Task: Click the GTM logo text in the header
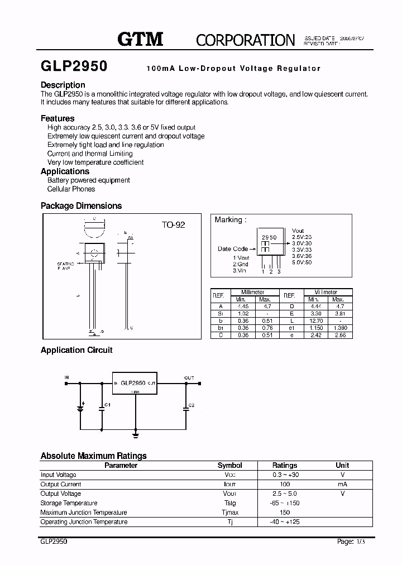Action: [x=140, y=39]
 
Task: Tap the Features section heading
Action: [x=58, y=118]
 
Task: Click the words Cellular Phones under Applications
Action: [x=71, y=189]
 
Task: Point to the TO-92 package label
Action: [x=173, y=224]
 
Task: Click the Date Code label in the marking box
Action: [x=233, y=249]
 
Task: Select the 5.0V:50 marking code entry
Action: [x=301, y=262]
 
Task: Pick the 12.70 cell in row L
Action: [x=316, y=321]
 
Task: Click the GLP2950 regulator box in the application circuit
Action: [x=135, y=384]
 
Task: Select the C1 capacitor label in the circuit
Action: [x=108, y=405]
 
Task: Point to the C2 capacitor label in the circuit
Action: [x=192, y=405]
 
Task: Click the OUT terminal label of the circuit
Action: [x=189, y=378]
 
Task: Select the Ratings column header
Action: [x=284, y=465]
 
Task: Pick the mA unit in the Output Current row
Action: [x=342, y=484]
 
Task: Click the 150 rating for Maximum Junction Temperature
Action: [x=284, y=513]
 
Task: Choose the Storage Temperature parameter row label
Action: [x=69, y=503]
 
